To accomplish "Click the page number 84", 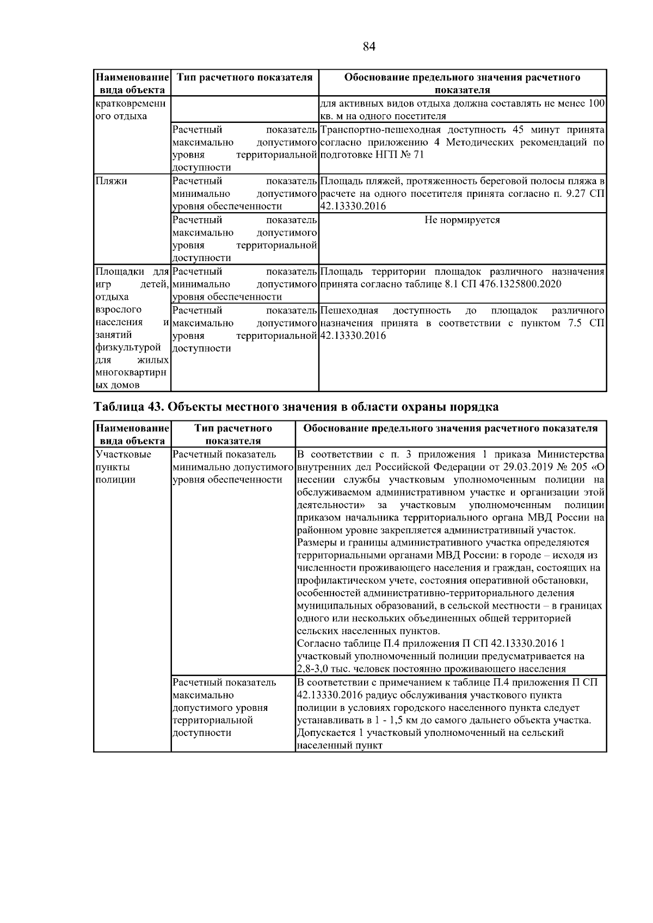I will [x=369, y=46].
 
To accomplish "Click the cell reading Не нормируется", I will [x=462, y=220].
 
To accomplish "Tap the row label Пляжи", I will [x=111, y=181].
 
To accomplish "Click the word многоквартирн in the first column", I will [x=131, y=373].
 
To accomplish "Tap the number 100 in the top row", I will [x=597, y=103].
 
